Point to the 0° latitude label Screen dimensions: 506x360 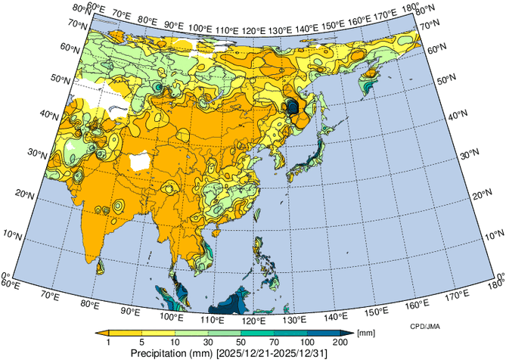click(6, 277)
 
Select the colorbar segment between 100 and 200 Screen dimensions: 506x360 click(326, 333)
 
